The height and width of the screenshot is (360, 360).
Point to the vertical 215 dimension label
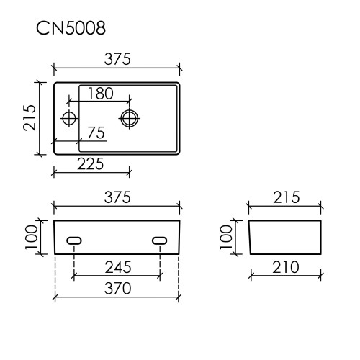point(28,117)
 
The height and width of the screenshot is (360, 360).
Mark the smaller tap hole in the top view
point(70,117)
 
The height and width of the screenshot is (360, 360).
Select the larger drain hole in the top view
point(130,117)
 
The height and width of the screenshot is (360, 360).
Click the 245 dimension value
point(117,268)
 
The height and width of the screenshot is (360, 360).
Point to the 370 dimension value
point(117,290)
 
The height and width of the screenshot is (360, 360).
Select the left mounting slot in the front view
point(74,240)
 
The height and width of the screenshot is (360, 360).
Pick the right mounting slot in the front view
point(160,240)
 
